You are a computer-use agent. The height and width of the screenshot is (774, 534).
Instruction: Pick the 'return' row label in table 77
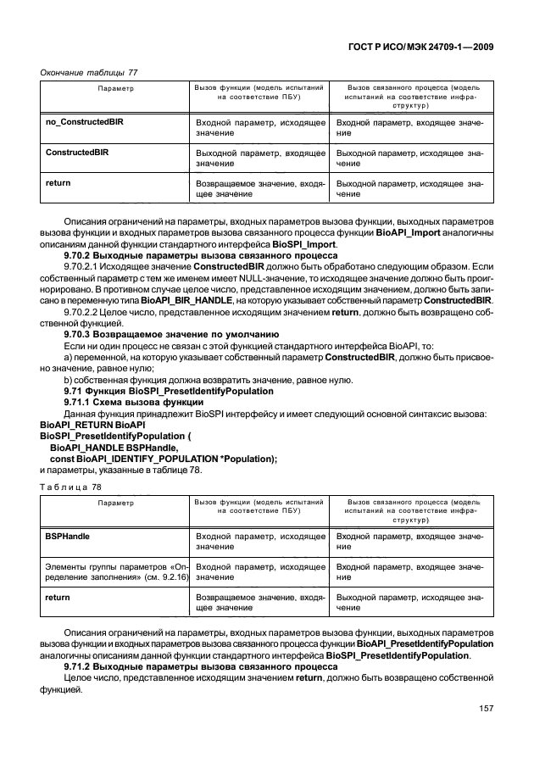pos(57,183)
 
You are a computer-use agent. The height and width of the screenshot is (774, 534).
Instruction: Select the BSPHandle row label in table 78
pos(68,537)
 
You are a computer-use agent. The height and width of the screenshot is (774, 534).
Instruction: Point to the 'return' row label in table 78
pos(57,598)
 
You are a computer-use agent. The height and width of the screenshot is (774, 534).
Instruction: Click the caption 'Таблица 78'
pos(67,487)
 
